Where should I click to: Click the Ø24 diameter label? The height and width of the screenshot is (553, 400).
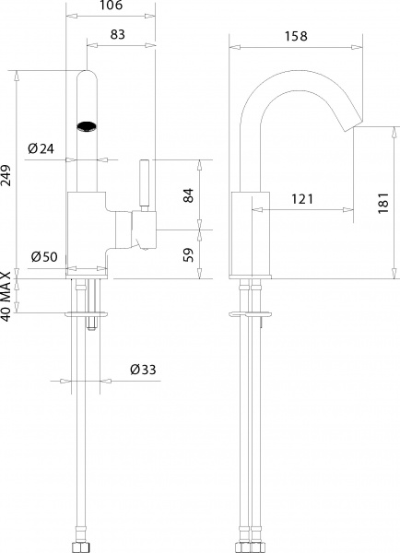[x=41, y=147]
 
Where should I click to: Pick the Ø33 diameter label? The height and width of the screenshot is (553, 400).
[x=143, y=370]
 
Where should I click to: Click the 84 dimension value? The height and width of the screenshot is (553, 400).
[x=188, y=194]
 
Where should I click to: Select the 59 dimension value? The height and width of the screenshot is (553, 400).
[x=188, y=254]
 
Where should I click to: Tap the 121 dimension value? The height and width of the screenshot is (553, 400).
[x=302, y=199]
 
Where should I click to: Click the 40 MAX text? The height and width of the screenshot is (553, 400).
[x=8, y=295]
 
